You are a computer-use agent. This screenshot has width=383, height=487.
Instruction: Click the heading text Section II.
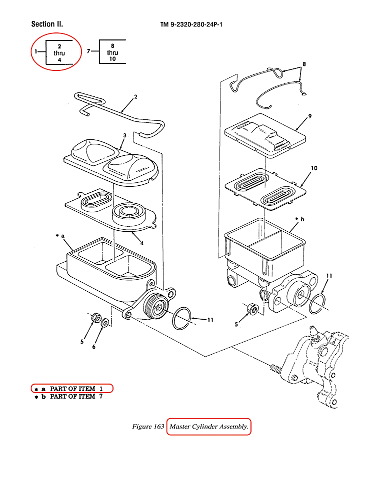pos(47,24)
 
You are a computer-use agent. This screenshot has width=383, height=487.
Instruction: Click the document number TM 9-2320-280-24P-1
pos(191,24)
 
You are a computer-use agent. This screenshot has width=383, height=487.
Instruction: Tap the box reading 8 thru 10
pos(112,52)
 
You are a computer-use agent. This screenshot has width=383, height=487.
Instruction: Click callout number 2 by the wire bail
pos(135,96)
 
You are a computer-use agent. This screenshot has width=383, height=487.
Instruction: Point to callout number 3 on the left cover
pos(124,135)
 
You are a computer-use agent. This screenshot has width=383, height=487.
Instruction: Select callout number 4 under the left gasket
pos(142,243)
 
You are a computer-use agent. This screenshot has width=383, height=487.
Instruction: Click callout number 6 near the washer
pos(93,347)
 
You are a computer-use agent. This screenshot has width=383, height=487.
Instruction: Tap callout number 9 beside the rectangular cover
pos(310,116)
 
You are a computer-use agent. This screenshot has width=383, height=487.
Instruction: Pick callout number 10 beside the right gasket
pos(313,168)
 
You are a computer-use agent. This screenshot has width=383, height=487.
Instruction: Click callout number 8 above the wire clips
pos(303,64)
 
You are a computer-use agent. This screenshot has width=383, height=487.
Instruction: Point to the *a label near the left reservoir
pos(60,236)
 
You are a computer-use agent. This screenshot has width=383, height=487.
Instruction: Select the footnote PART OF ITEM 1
pos(72,389)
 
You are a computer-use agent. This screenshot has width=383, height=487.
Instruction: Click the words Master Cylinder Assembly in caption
pos(208,427)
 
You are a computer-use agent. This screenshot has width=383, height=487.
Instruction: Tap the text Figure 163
pos(148,427)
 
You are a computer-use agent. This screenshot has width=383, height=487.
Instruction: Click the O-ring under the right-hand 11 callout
pos(317,304)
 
